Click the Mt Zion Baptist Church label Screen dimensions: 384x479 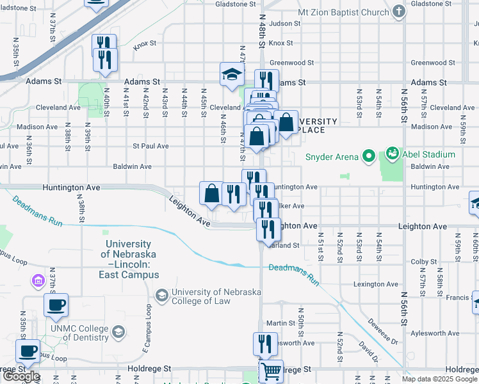[343, 12]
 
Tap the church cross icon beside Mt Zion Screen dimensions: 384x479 [399, 12]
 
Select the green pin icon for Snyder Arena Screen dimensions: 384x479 [368, 155]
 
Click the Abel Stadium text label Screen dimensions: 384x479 [428, 154]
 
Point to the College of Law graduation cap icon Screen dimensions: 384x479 [163, 295]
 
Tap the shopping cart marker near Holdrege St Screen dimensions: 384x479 [271, 371]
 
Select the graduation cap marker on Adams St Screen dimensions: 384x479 [231, 74]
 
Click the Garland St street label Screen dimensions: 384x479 [286, 245]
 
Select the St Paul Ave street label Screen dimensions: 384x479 [150, 146]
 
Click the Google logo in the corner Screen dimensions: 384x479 [20, 376]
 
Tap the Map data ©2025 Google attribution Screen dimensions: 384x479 [439, 379]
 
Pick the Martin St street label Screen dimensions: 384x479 [280, 323]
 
